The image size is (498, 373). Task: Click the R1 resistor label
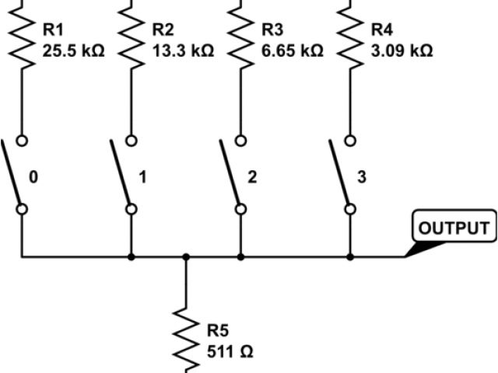click(51, 30)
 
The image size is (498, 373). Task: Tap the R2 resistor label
click(162, 30)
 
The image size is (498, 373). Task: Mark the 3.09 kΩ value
click(402, 51)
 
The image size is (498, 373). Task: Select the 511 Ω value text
click(230, 351)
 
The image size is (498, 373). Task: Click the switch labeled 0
click(16, 174)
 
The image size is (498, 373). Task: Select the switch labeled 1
click(124, 174)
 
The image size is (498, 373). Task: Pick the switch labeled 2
click(234, 174)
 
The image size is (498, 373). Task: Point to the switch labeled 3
click(343, 174)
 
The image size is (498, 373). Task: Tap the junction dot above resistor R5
click(185, 256)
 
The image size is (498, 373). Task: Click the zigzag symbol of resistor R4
click(350, 39)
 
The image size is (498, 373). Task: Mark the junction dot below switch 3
click(350, 256)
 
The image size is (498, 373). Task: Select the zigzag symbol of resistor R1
click(21, 39)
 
